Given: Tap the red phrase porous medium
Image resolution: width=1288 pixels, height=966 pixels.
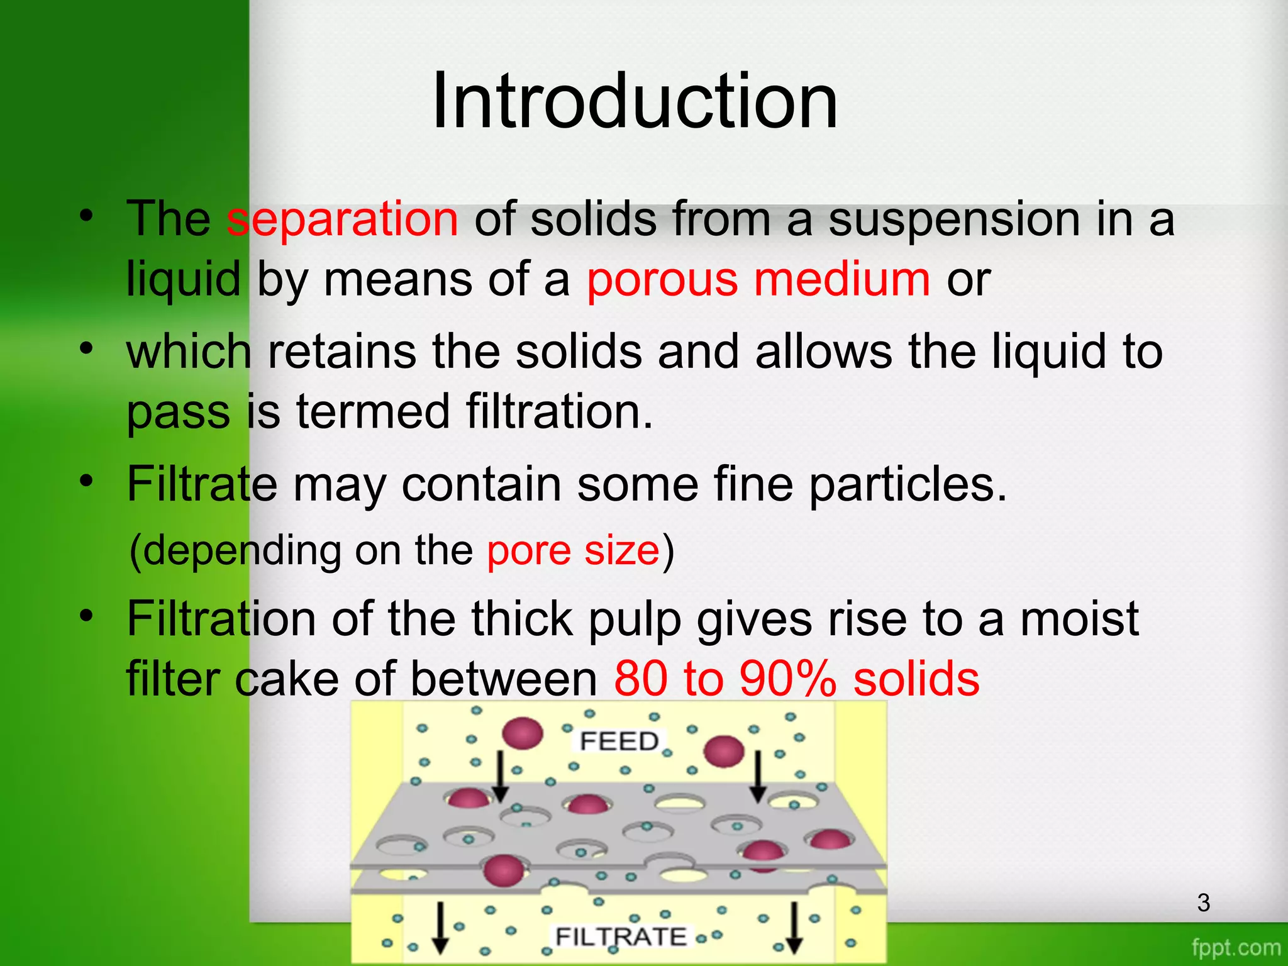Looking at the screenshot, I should (758, 279).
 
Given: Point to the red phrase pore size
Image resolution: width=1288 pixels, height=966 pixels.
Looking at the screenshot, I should (573, 550).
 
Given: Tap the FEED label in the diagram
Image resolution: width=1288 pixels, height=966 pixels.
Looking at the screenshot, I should (619, 741).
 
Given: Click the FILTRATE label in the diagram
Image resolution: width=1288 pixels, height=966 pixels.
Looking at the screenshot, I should (621, 936).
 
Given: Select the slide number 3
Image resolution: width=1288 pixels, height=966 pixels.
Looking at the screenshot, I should (1203, 902).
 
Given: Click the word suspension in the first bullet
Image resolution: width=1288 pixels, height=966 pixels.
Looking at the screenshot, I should (952, 219).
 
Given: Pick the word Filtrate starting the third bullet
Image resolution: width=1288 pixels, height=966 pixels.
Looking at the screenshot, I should (202, 484).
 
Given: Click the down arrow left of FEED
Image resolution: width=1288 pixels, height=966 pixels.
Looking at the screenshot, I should (500, 777).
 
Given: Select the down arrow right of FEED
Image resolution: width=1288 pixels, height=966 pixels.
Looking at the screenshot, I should (758, 777).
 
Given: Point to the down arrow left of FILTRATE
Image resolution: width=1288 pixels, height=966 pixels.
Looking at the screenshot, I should (440, 928).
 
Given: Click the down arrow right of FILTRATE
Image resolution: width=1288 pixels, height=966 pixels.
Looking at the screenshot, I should (794, 928).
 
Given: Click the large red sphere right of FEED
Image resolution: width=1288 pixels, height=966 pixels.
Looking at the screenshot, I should (724, 751).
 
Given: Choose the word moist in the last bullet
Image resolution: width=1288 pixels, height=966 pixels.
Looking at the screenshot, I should (1079, 620).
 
